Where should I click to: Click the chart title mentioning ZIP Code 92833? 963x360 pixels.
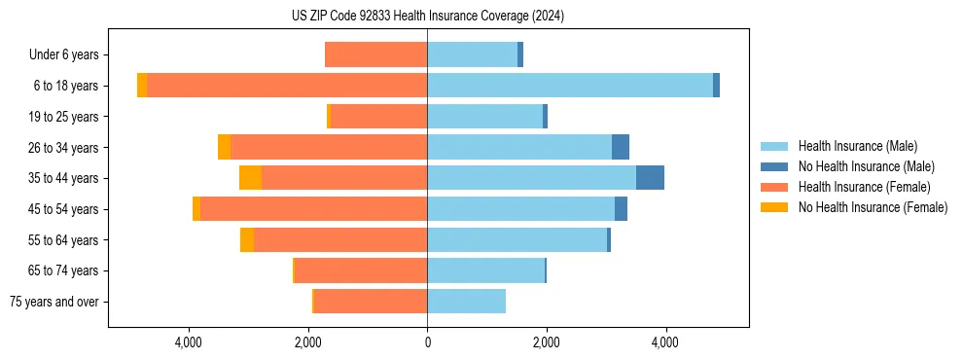(427, 16)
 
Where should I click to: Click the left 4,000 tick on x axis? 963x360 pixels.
(189, 342)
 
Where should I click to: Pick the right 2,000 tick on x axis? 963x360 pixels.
(546, 342)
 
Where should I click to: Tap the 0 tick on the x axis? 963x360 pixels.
(427, 342)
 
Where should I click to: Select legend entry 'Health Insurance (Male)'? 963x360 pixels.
(856, 146)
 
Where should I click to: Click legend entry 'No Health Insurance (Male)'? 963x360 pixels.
(866, 166)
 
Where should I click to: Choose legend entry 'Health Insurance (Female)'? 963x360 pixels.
(862, 187)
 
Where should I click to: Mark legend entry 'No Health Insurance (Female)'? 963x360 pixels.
(872, 207)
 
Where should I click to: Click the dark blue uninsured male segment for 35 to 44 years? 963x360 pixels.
(650, 178)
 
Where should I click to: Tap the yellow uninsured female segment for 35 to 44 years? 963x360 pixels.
(250, 178)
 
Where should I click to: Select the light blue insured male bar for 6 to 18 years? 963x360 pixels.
(569, 86)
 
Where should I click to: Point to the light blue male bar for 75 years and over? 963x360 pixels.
(466, 302)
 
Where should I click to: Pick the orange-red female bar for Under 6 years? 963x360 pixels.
(375, 55)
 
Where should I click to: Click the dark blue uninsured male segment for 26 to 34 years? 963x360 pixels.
(621, 147)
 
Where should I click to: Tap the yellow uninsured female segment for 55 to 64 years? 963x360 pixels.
(247, 239)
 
